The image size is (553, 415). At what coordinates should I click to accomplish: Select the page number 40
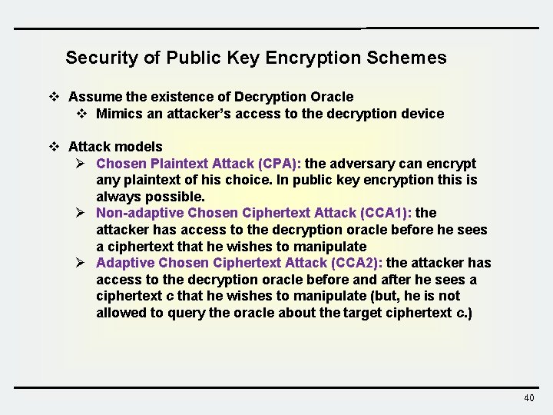(x=528, y=398)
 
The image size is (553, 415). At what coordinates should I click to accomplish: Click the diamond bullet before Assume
(x=54, y=97)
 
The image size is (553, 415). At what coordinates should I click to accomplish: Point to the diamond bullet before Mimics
(x=82, y=114)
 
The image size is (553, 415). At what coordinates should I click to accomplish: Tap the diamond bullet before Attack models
(x=54, y=146)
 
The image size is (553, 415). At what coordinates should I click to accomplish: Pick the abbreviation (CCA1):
(x=385, y=213)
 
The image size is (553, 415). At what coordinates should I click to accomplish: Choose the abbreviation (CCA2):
(x=356, y=263)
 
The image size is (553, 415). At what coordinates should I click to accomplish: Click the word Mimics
(x=118, y=114)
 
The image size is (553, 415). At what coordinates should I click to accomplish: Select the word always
(x=118, y=197)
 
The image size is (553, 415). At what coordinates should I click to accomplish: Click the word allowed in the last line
(x=120, y=313)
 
